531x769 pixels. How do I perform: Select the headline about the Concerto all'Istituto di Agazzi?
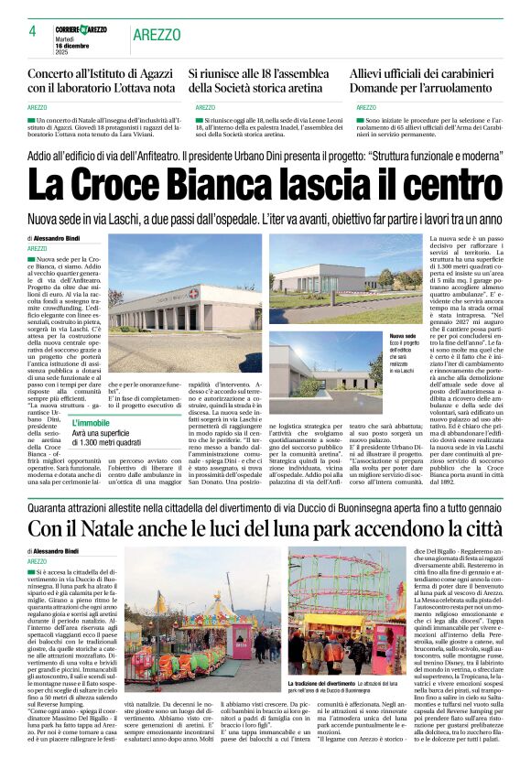100,80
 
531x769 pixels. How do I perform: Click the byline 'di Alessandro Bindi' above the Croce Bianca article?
53,239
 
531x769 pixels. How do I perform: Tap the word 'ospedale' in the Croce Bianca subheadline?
254,220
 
